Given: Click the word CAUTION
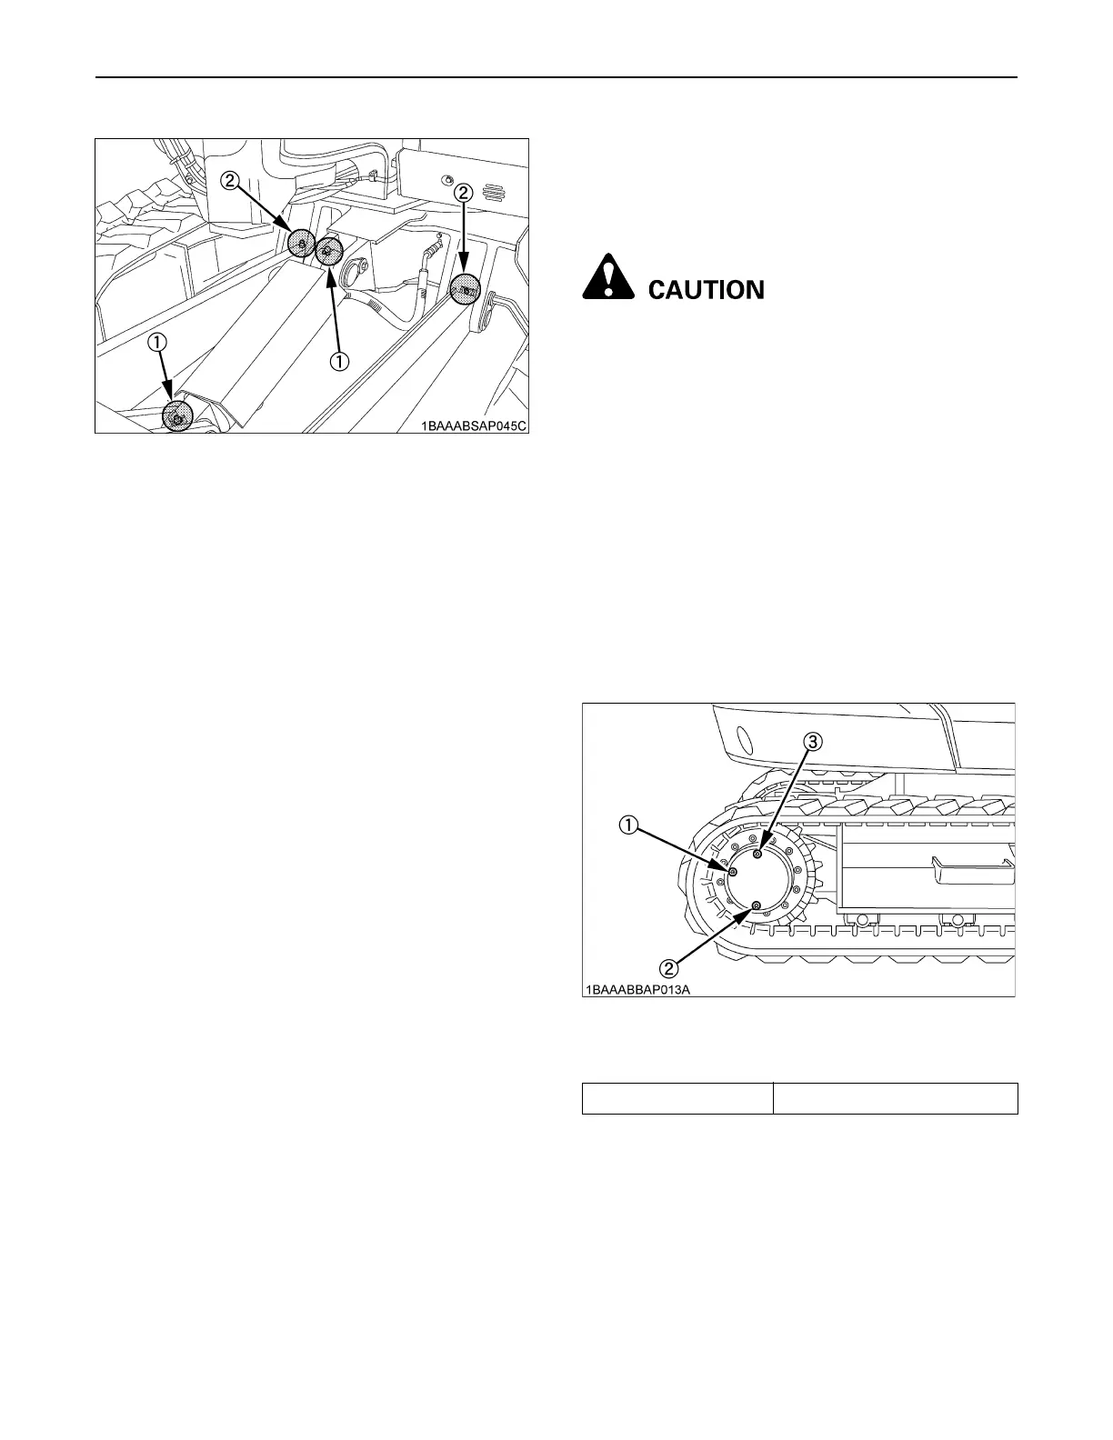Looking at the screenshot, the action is coord(706,290).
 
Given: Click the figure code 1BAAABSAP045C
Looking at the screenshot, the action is coord(472,423).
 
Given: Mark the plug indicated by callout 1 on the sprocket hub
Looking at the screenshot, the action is coord(733,871).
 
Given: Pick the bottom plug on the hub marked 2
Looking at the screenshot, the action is coord(757,905).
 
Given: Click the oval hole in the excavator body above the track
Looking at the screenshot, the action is coord(741,735).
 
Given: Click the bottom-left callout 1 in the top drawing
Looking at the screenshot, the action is coord(158,343).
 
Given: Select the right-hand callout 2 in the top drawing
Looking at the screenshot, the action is coord(464,192).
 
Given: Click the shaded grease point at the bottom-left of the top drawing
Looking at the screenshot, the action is coord(177,416).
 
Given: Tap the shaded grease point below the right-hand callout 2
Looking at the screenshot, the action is coord(465,289).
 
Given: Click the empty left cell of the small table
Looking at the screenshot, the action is coord(677,1098).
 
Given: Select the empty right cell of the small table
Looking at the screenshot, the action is coord(895,1098).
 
